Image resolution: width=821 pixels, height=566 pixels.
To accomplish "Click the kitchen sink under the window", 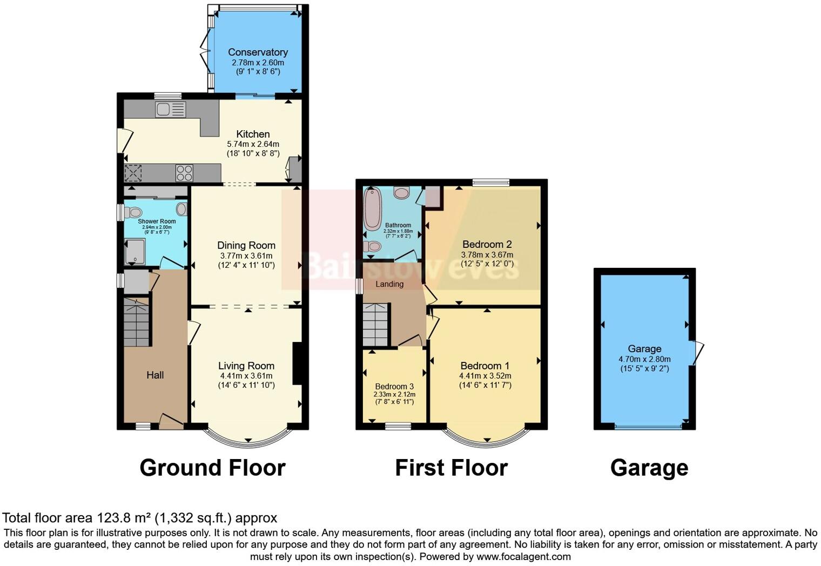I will (x=170, y=110).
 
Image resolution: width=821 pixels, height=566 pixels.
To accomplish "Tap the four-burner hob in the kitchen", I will (x=184, y=173).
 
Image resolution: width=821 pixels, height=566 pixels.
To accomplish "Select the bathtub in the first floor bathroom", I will (x=372, y=209).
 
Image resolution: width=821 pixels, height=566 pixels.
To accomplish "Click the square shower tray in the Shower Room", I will (x=135, y=252).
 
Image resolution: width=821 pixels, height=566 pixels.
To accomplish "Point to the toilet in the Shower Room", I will (x=132, y=212).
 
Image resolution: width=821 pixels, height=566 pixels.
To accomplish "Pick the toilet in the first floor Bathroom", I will (x=372, y=247).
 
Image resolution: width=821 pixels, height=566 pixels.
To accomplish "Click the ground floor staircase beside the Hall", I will (x=137, y=322).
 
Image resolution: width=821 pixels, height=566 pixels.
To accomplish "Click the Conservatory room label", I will (x=258, y=52).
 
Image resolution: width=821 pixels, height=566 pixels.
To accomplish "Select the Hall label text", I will (x=155, y=375).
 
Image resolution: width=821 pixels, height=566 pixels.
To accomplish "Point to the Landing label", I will (x=389, y=284).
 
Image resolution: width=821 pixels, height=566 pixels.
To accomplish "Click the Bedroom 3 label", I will (x=394, y=386).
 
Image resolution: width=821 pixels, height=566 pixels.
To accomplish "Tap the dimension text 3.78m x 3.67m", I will (x=487, y=255).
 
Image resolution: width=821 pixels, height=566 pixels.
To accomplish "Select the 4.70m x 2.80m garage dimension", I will (x=644, y=359).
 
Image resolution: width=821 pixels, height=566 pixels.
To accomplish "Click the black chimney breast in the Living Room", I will (x=297, y=363).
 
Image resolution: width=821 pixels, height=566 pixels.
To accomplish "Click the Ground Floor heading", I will (x=212, y=468).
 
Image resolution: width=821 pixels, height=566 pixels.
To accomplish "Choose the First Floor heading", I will (x=451, y=468).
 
